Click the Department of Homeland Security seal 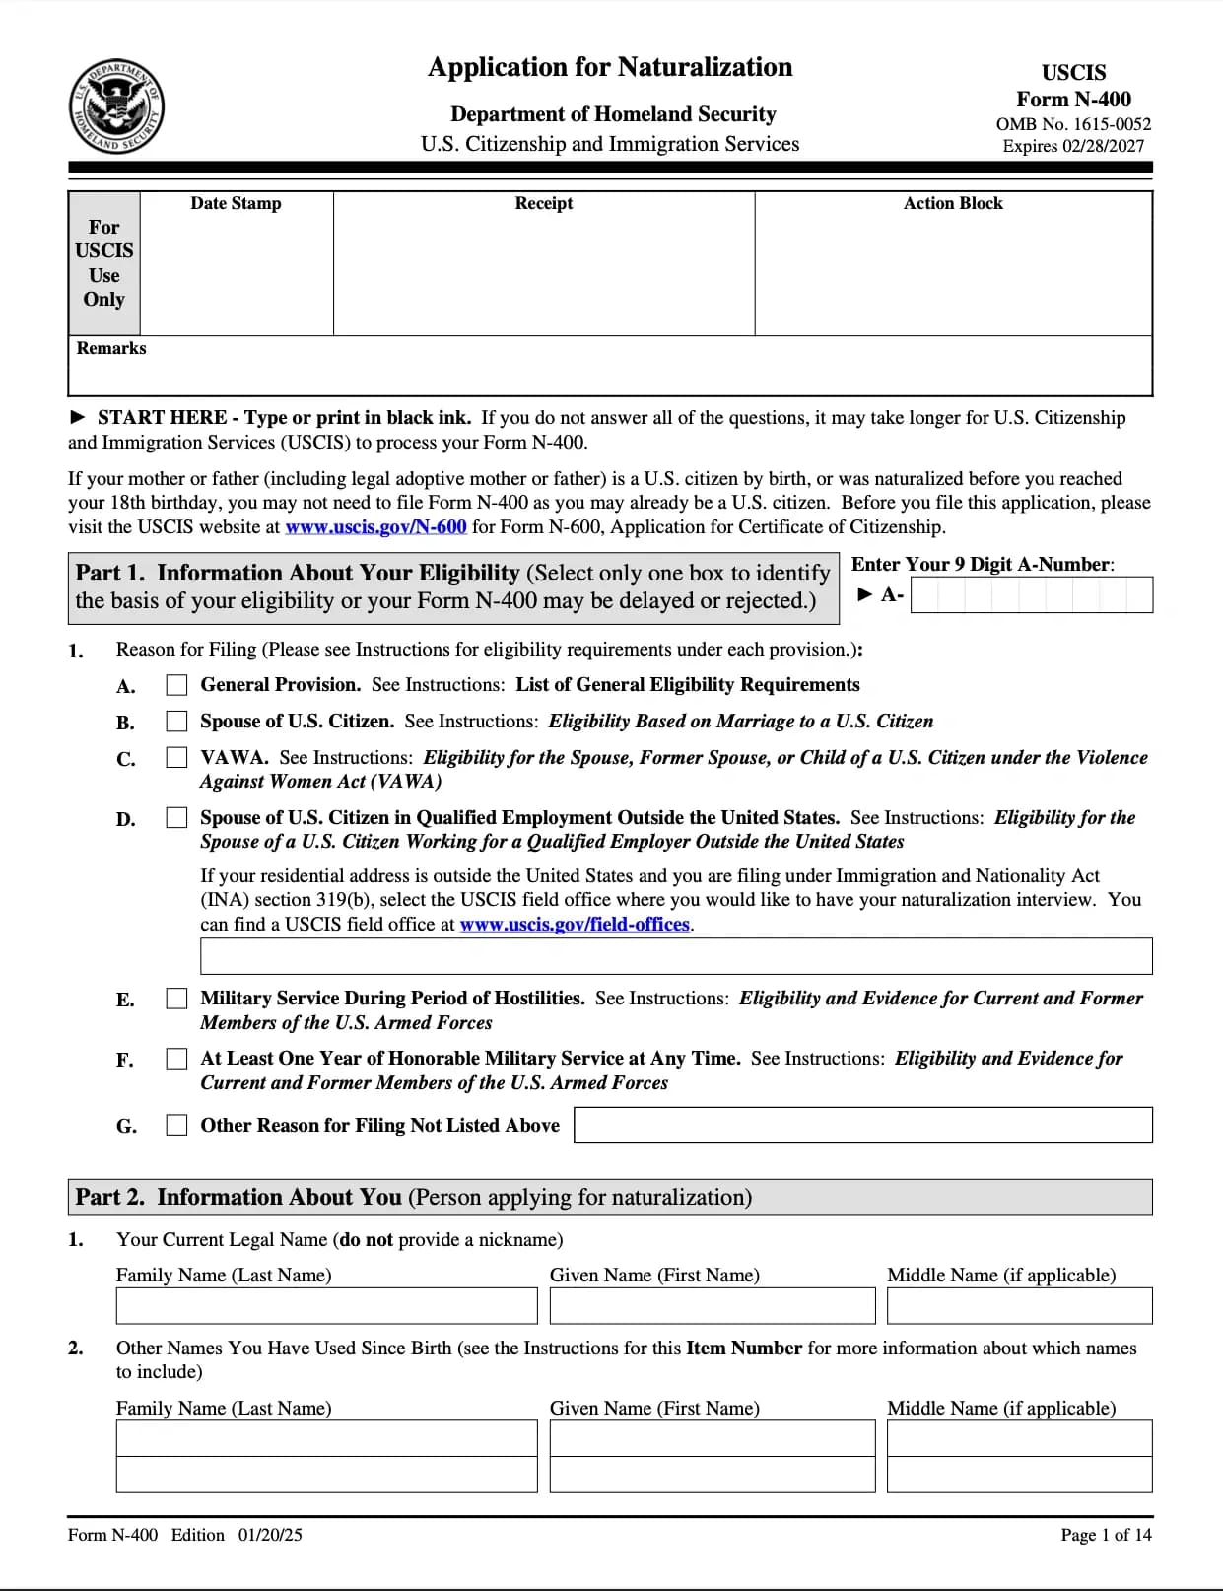(x=116, y=105)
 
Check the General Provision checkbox (x=176, y=685)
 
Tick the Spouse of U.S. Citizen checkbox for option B (x=176, y=722)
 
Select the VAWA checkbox (x=176, y=758)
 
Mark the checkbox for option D (x=176, y=818)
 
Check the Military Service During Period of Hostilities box (x=176, y=999)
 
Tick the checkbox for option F (x=176, y=1059)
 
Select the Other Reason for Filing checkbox (x=176, y=1125)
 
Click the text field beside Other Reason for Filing (x=862, y=1125)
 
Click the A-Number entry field (x=1031, y=595)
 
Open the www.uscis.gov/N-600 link (x=375, y=527)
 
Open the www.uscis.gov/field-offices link (x=575, y=925)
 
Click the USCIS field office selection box (x=676, y=956)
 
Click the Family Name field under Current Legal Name (x=326, y=1306)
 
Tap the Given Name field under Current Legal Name (x=712, y=1306)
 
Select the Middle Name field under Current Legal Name (x=1019, y=1306)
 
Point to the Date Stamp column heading (x=236, y=203)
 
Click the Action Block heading (x=953, y=203)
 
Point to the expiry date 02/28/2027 (x=1103, y=146)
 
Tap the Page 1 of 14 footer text (x=1106, y=1535)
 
